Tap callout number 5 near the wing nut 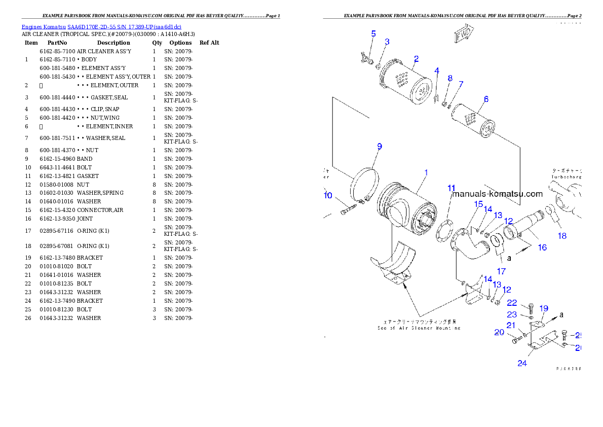click(373, 34)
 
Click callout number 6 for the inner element click(486, 99)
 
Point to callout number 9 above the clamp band click(379, 147)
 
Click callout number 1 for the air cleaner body click(426, 172)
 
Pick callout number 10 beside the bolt click(328, 195)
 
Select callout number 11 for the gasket click(451, 188)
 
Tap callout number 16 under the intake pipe click(542, 247)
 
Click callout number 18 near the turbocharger click(562, 236)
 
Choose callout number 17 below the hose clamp click(501, 271)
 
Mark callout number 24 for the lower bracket click(522, 363)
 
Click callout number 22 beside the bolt click(512, 303)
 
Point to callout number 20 click(500, 333)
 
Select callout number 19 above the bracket click(543, 308)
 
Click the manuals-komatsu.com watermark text click(497, 194)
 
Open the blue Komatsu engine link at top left click(101, 27)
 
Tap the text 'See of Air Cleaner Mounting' click(419, 328)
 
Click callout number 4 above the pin click(437, 70)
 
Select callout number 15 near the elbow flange click(478, 204)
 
